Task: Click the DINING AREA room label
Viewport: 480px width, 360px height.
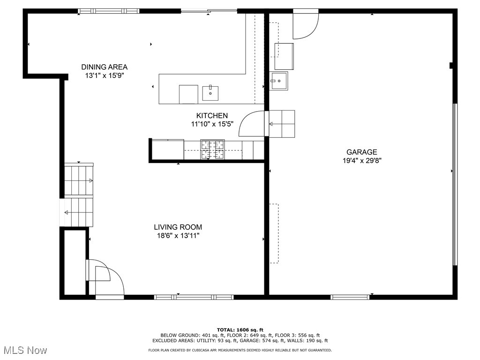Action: pos(104,67)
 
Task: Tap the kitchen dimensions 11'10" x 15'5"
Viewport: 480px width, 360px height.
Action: pos(212,124)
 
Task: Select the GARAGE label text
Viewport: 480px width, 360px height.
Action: pos(361,152)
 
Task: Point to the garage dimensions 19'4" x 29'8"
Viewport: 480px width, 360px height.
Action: pos(361,160)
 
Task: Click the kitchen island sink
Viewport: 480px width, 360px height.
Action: pos(210,93)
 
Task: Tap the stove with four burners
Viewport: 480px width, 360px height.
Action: pos(213,150)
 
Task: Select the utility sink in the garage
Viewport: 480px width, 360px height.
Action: pos(279,81)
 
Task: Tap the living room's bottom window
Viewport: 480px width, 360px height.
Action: pos(194,297)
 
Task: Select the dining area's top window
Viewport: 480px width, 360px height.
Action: pos(109,11)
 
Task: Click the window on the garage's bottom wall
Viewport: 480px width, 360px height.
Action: pos(350,297)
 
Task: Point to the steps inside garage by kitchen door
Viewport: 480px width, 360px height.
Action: pos(282,124)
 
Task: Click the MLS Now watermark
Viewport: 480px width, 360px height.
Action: pos(24,350)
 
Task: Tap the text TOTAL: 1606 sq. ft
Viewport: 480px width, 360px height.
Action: pos(240,330)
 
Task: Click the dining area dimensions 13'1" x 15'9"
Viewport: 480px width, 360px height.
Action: pos(104,75)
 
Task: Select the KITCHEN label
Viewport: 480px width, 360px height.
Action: pos(212,116)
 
